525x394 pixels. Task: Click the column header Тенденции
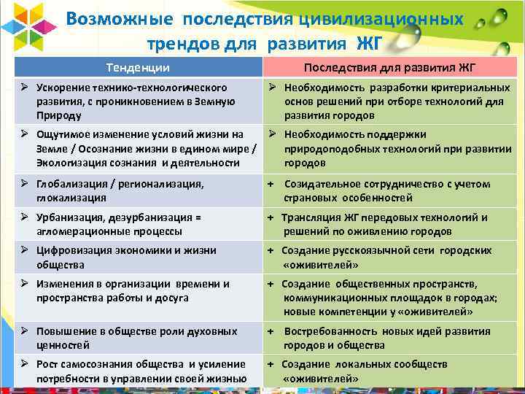pos(138,68)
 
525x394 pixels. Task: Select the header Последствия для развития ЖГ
pos(389,68)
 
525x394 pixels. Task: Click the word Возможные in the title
pos(120,19)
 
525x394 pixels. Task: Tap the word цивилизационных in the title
pos(386,19)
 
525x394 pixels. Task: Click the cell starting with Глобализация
pos(138,190)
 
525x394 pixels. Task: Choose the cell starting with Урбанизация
pos(138,224)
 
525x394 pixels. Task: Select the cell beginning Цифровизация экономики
pos(138,257)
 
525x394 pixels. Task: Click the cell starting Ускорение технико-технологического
pos(138,101)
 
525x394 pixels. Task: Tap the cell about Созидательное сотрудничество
pos(389,190)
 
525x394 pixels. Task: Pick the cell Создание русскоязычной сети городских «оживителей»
pos(389,257)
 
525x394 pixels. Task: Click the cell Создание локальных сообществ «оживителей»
pos(389,371)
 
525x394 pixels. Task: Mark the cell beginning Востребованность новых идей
pos(389,338)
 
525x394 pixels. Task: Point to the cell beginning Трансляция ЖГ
pos(389,224)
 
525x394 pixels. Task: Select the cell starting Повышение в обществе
pos(138,338)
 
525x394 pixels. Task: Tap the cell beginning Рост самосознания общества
pos(138,371)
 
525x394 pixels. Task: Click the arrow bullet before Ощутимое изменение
pos(23,134)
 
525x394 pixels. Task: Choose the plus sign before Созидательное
pos(270,184)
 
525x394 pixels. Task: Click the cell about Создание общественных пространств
pos(389,297)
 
